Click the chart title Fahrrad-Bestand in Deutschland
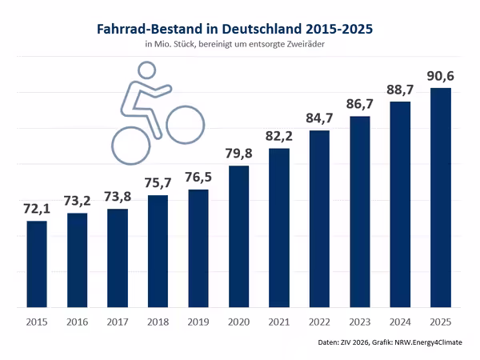[x=234, y=30]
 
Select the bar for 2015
[x=37, y=264]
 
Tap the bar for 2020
[x=239, y=236]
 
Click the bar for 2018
[x=158, y=251]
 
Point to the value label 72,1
[x=37, y=209]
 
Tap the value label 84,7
[x=320, y=118]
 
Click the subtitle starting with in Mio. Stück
[x=234, y=45]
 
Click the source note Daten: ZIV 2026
[x=398, y=343]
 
